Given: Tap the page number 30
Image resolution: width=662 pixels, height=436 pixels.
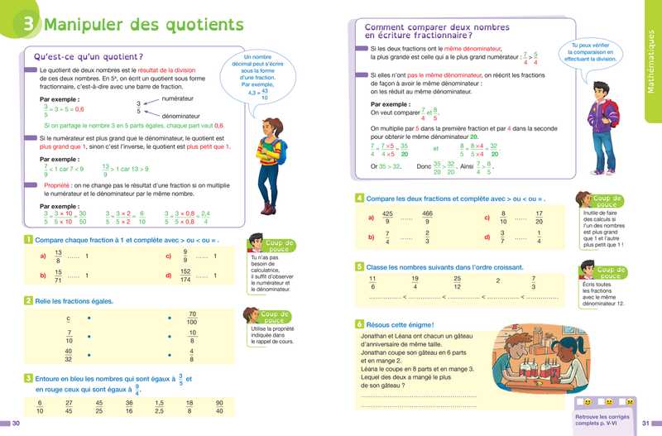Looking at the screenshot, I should tap(15, 424).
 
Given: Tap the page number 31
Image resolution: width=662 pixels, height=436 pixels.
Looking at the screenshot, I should tap(647, 424).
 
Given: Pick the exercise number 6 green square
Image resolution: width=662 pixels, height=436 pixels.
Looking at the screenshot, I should tap(359, 323).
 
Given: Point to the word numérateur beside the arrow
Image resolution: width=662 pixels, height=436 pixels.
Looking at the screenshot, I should tap(179, 98).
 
